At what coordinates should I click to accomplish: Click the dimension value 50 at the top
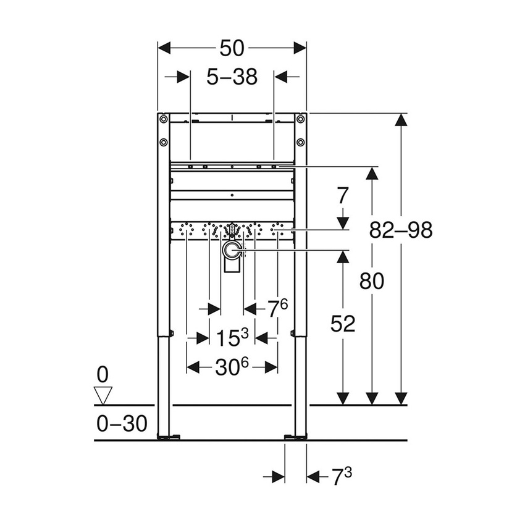tap(232, 48)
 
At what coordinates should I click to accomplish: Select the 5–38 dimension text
tap(232, 77)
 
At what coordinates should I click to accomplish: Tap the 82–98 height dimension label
tap(401, 230)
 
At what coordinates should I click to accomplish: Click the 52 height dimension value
tap(342, 323)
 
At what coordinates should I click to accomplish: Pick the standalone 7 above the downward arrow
tap(343, 196)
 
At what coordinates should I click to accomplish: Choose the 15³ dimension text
tap(232, 337)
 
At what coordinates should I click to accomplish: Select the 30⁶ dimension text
tap(232, 367)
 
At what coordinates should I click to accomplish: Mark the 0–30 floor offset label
tap(122, 424)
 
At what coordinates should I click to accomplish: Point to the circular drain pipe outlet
tap(232, 250)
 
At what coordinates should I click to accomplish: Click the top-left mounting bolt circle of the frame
tap(164, 119)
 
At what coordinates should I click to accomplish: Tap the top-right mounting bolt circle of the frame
tap(300, 119)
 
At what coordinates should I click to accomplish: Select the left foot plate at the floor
tap(167, 438)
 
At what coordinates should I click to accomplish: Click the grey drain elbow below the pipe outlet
tap(232, 266)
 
